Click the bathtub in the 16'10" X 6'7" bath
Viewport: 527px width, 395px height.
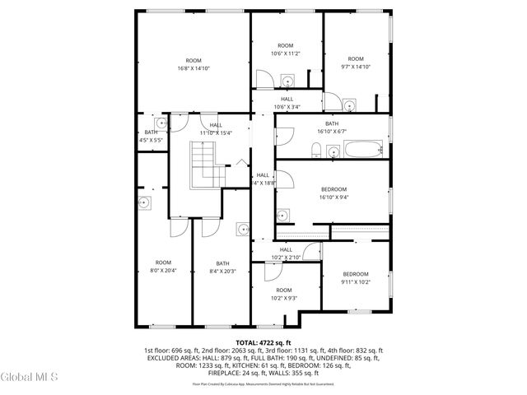(363, 150)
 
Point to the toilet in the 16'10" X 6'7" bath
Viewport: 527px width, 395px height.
(316, 150)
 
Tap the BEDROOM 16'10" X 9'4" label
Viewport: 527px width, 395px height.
(333, 193)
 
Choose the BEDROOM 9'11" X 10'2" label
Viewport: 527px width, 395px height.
(355, 278)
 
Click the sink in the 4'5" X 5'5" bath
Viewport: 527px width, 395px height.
(161, 123)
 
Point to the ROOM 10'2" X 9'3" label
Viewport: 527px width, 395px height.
(284, 295)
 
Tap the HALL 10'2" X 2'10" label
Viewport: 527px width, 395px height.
(286, 253)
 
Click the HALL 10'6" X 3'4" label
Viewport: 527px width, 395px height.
(286, 103)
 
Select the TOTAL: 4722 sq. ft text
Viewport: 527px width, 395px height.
(263, 342)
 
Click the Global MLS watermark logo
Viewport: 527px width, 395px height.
(29, 377)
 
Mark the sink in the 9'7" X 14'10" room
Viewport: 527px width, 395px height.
(349, 105)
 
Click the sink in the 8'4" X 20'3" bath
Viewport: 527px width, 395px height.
(242, 228)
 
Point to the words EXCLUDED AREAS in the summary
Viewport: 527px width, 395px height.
(175, 358)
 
